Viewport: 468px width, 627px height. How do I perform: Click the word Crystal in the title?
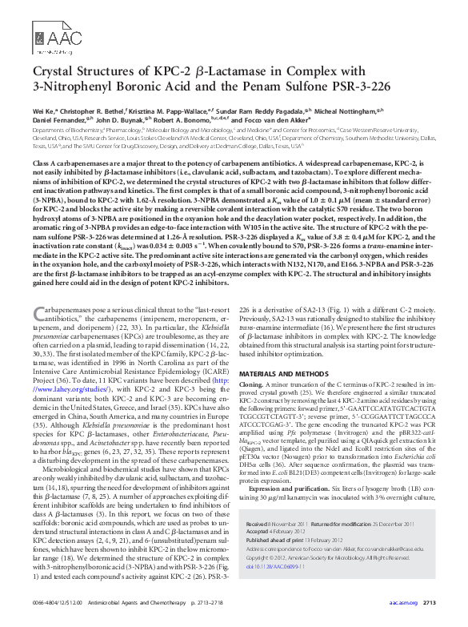(x=54, y=70)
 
